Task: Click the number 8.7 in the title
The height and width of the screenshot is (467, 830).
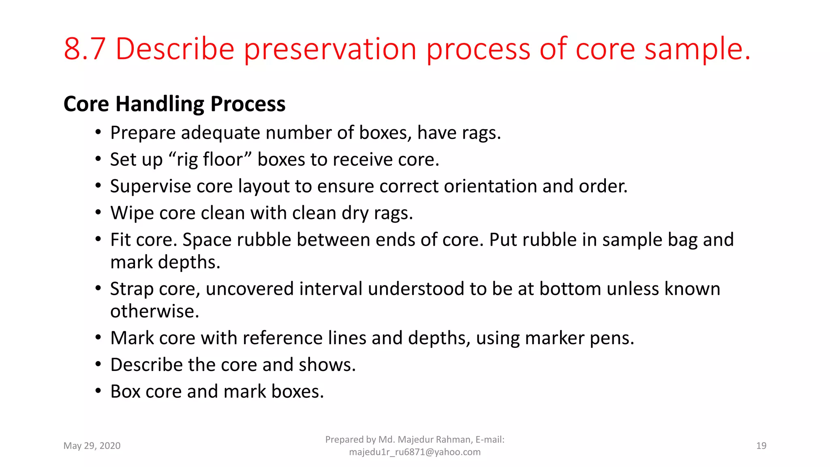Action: pos(85,49)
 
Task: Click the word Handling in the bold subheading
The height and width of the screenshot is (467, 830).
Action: pos(160,104)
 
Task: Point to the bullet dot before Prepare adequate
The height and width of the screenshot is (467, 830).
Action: pos(98,133)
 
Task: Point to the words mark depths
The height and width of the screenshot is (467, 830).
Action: pos(165,262)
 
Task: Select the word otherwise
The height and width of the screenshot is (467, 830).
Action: pos(154,311)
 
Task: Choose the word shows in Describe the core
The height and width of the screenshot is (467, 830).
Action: pos(327,365)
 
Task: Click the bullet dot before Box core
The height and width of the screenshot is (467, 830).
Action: pos(98,391)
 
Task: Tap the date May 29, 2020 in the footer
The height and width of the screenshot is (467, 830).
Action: pos(92,446)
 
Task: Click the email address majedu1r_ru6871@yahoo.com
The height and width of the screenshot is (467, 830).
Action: pos(415,452)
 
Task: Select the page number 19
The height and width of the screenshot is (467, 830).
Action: pos(761,446)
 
